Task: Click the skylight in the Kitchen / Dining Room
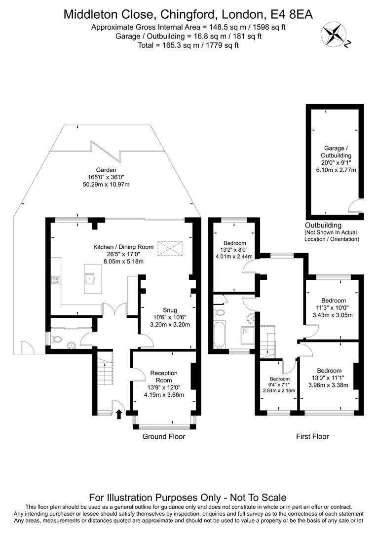170,248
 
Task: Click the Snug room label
170,309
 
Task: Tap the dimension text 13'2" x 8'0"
234,250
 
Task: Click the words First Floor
312,436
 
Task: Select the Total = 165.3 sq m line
188,45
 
